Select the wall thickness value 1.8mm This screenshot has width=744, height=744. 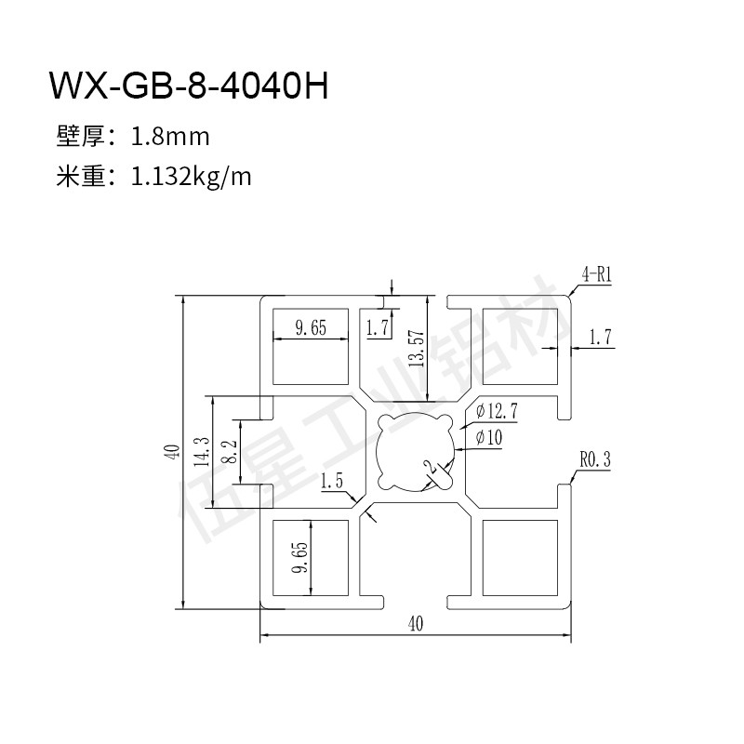coord(170,138)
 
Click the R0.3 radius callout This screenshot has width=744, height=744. coord(594,458)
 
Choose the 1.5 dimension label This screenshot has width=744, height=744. coord(332,481)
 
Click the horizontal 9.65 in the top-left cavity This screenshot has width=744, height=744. coord(310,326)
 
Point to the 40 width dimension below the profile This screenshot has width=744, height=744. coord(414,624)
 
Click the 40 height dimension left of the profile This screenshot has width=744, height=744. coord(170,452)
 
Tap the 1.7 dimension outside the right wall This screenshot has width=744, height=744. coord(601,339)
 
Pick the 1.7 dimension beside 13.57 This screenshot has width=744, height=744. coord(377,327)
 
